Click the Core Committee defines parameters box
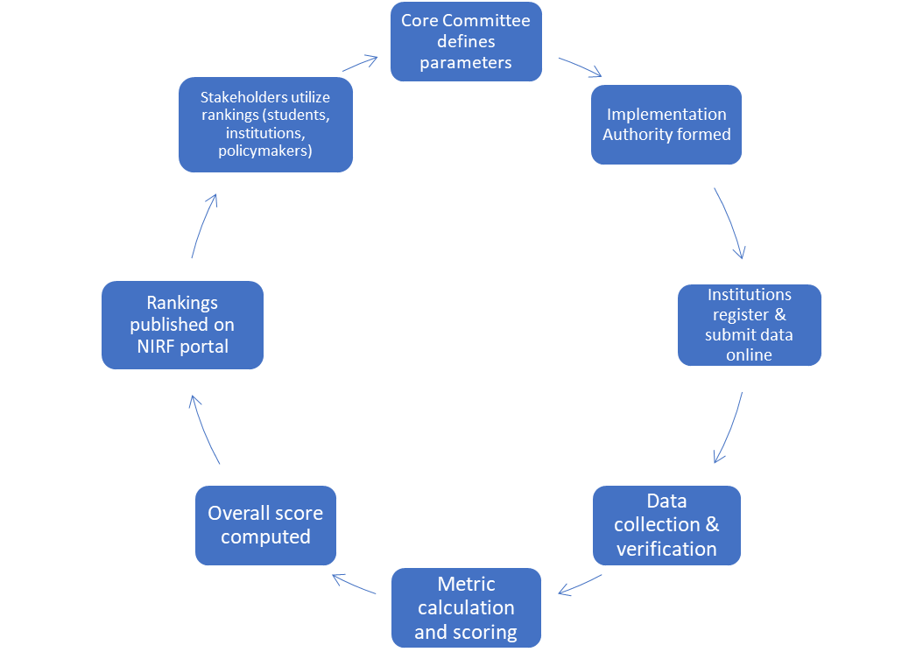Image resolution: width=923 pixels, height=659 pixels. (466, 42)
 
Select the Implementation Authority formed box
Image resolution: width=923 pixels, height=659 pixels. (666, 124)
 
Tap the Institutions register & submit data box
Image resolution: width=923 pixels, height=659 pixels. (749, 325)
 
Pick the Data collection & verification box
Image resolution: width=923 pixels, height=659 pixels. (666, 525)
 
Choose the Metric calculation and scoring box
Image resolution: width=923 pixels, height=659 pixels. (466, 607)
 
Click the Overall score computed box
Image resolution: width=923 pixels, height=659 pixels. (265, 525)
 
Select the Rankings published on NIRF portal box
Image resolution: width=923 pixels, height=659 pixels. (182, 325)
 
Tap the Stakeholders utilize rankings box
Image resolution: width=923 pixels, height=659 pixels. (265, 124)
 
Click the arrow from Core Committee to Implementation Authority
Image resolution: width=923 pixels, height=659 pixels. (581, 67)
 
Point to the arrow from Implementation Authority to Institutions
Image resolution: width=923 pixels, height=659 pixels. (731, 222)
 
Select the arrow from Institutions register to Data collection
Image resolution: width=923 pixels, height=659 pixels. (729, 427)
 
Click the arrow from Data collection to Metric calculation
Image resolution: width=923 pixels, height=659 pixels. (580, 585)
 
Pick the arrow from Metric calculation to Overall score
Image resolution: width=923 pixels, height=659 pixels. (355, 584)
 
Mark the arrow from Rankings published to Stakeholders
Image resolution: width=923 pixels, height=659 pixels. (203, 225)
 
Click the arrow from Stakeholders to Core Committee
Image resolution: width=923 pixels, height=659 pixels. (358, 64)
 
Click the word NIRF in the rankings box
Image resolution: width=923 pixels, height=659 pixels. (155, 347)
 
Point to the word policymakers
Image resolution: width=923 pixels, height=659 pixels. (265, 152)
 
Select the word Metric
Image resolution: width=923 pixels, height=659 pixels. (466, 584)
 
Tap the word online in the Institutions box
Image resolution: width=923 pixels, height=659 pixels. (749, 355)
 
